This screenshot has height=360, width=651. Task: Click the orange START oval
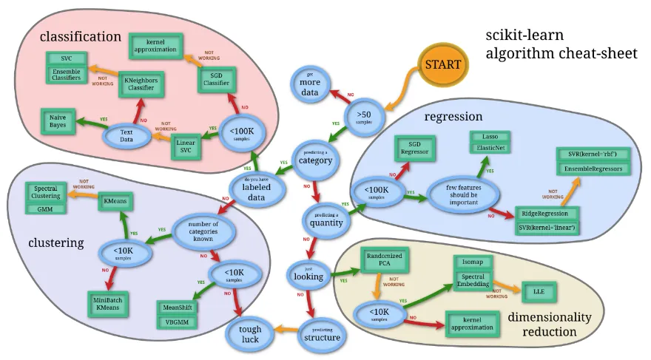point(442,64)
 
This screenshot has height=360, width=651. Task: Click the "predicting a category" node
point(316,157)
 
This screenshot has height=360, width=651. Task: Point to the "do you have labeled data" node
point(254,187)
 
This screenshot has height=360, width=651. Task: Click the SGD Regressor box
point(415,147)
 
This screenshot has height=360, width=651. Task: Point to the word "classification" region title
point(80,35)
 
